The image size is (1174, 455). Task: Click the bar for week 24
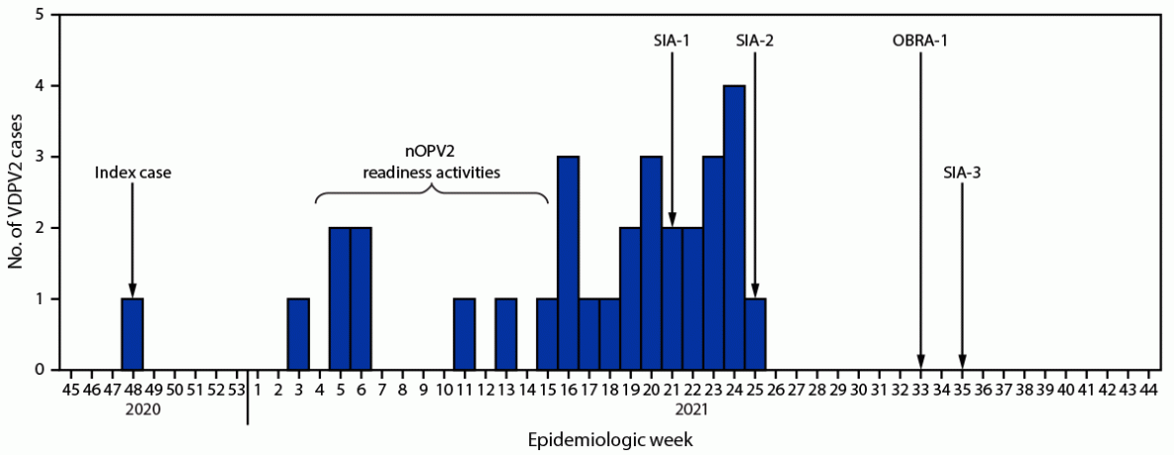(734, 228)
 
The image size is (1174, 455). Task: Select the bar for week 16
(569, 263)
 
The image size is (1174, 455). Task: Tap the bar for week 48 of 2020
(132, 334)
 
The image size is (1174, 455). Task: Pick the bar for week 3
(298, 334)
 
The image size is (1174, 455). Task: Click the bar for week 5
(340, 298)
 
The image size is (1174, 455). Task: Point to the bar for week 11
(464, 334)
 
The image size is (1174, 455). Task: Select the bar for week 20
(651, 263)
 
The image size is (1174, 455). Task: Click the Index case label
(133, 172)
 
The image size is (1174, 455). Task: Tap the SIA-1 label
(672, 41)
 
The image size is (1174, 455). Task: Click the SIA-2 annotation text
(755, 41)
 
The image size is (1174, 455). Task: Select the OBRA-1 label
(921, 41)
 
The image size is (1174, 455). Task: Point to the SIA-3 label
(962, 172)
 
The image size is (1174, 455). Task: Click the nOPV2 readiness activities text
(430, 163)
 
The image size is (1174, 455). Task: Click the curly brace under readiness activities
(432, 193)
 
